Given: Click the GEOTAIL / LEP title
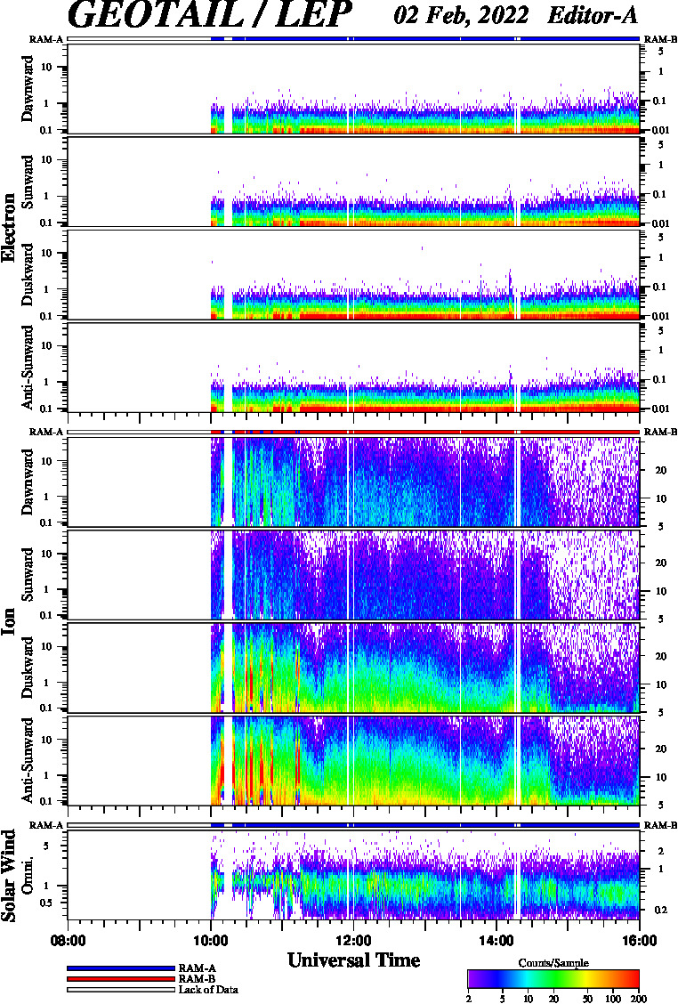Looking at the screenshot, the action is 209,14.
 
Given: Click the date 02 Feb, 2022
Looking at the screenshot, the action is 461,15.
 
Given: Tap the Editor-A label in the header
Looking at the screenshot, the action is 593,15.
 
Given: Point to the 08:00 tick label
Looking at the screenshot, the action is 68,941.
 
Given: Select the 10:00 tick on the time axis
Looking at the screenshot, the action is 211,941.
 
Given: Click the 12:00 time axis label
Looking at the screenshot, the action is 353,941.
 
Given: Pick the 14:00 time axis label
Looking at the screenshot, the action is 496,941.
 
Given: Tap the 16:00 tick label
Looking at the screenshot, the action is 639,941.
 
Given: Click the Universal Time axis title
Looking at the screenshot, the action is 353,960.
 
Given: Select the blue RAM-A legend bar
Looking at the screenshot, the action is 120,968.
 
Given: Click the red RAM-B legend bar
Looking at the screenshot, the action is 120,979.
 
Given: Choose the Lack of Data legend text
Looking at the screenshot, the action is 208,990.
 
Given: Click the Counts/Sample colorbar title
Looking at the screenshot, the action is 553,963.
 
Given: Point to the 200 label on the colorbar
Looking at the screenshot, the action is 638,999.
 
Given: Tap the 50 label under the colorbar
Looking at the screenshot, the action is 588,999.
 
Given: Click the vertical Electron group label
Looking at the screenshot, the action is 8,227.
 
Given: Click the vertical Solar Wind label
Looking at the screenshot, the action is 8,875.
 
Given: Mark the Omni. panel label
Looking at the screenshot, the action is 28,875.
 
